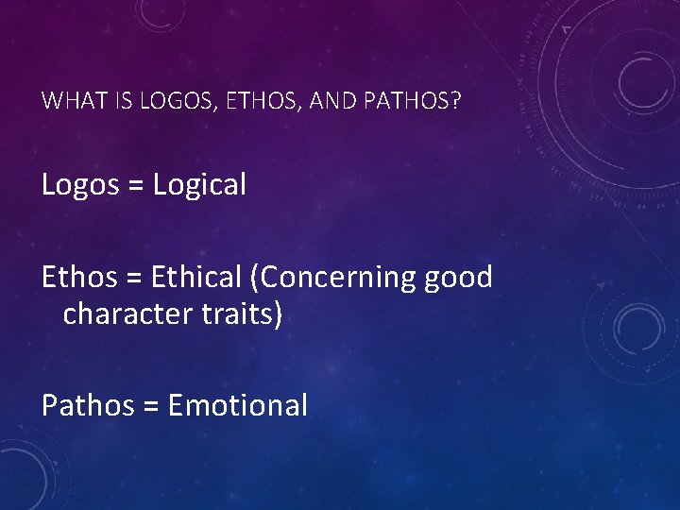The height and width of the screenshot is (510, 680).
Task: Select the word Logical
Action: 198,185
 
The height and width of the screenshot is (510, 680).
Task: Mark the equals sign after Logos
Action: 136,186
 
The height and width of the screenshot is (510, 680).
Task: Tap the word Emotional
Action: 237,405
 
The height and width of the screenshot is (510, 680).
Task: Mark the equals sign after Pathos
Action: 150,407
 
